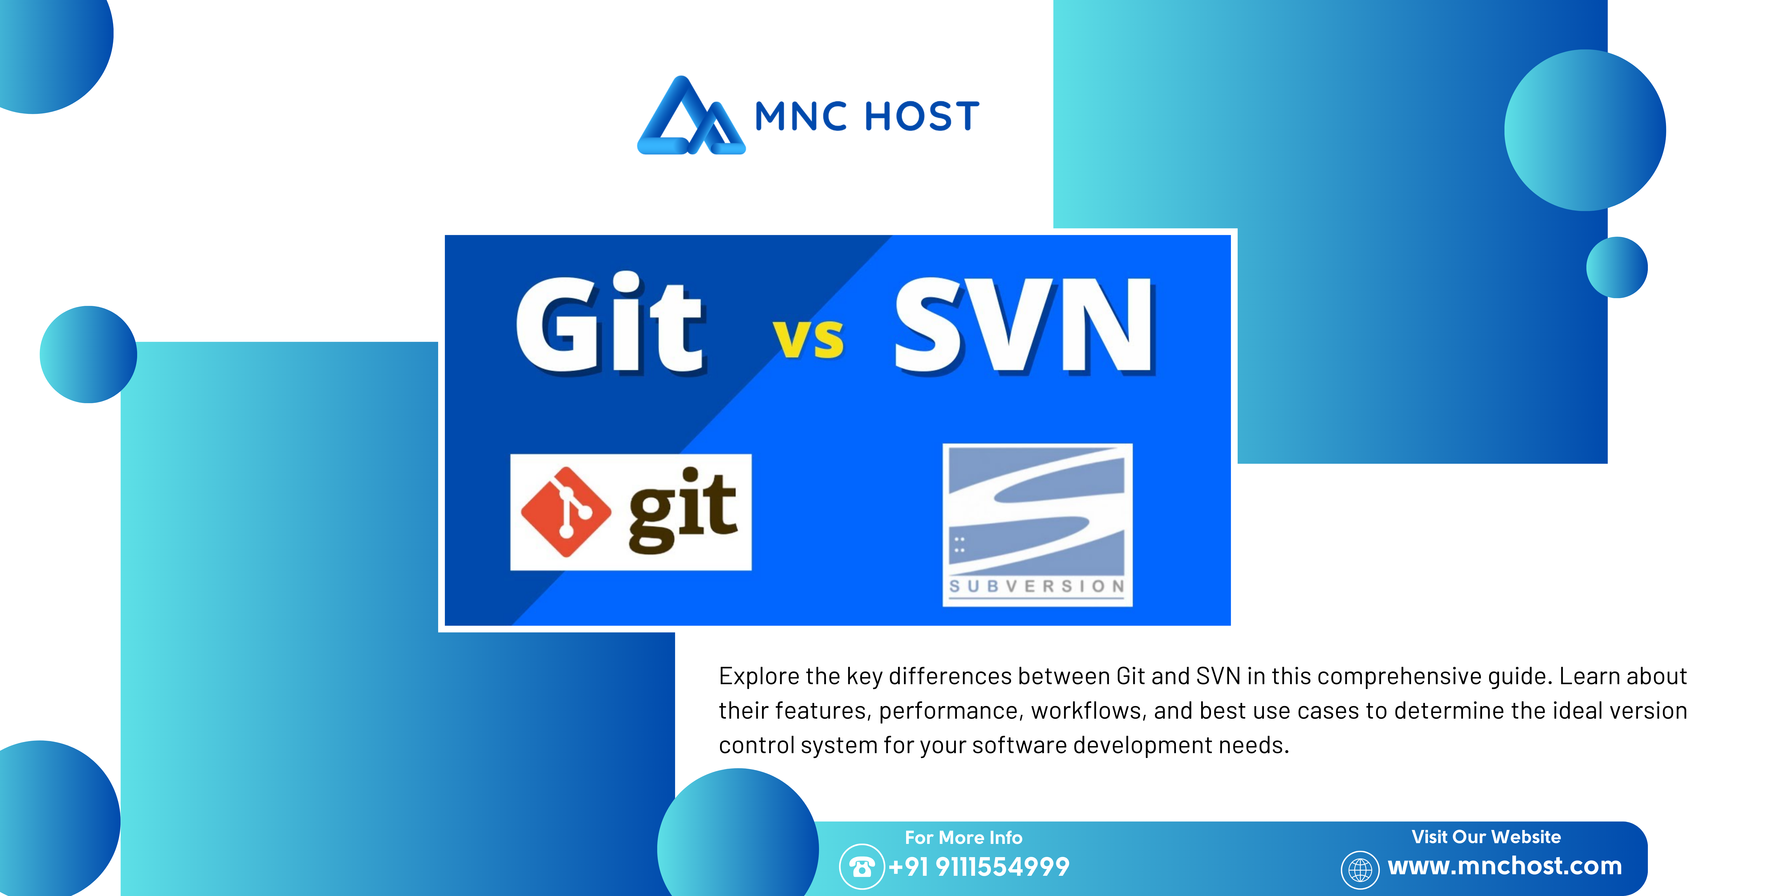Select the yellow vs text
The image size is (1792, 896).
808,339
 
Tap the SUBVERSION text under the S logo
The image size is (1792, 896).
1037,586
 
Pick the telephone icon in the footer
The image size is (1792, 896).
862,867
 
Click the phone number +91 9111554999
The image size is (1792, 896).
979,867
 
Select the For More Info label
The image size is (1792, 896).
963,838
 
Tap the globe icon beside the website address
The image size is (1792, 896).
1360,870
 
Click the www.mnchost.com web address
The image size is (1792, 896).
1505,866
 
